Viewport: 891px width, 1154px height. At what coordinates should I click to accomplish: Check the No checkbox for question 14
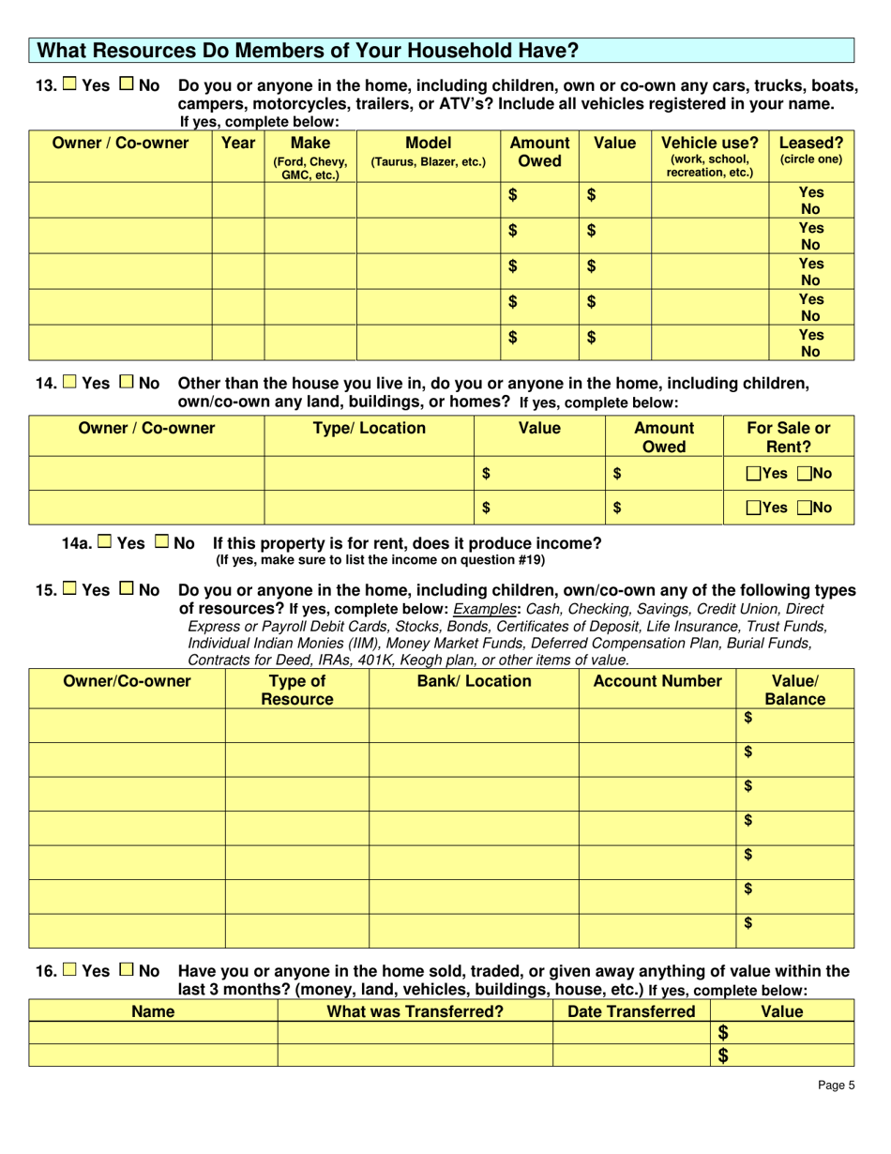tap(127, 384)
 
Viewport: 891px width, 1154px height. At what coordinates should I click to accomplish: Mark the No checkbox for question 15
tap(127, 590)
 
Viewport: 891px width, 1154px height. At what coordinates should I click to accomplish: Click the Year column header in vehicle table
tap(238, 144)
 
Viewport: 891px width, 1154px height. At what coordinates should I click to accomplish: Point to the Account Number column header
tap(657, 681)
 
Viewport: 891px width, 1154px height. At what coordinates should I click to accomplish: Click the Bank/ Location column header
tap(474, 681)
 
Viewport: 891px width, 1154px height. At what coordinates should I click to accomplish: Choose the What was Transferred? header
tap(415, 1011)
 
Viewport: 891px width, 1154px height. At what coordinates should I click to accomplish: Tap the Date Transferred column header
tap(631, 1011)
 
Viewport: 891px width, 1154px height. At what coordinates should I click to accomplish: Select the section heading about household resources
tap(307, 50)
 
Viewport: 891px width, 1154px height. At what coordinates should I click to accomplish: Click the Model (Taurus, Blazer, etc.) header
tap(429, 152)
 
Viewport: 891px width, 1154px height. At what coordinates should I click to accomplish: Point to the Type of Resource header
tap(297, 690)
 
